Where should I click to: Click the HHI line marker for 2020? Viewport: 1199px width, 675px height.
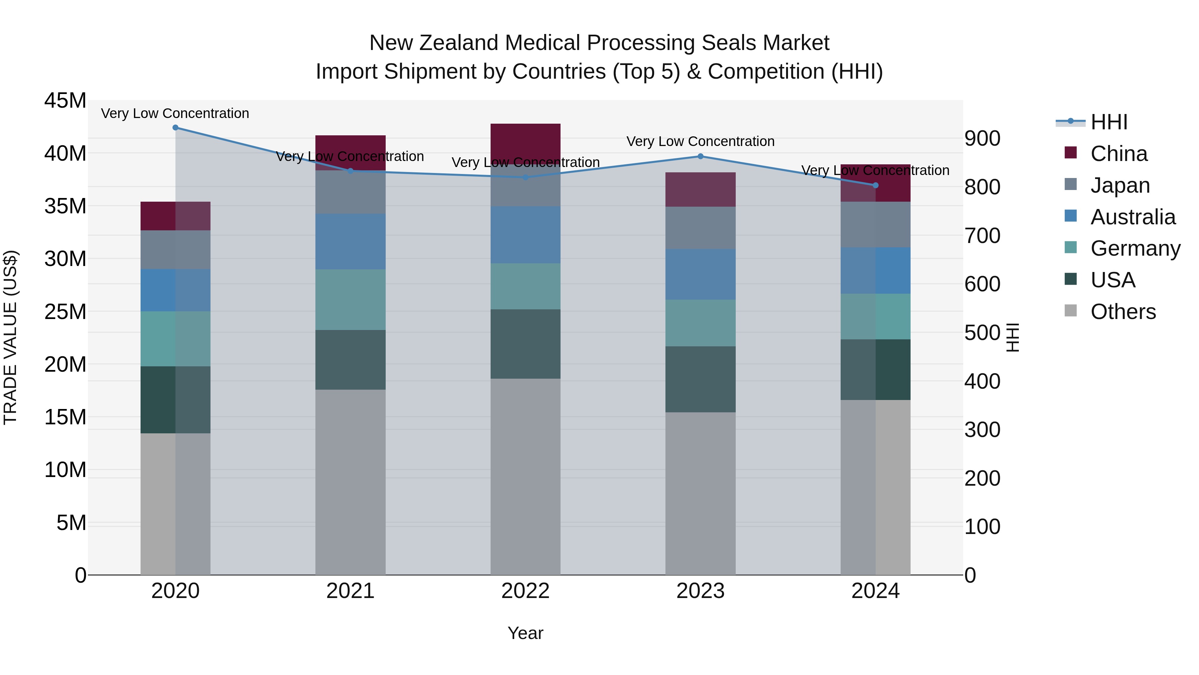[x=176, y=128]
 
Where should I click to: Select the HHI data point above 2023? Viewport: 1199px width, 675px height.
[x=700, y=157]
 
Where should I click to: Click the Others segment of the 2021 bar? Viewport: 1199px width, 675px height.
[x=350, y=482]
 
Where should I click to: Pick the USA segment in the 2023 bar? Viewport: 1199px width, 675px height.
[x=700, y=379]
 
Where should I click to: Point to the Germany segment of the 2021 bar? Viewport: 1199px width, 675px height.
[x=350, y=300]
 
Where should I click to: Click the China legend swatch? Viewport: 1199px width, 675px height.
[x=1070, y=153]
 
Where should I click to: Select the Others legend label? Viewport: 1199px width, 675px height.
[x=1123, y=312]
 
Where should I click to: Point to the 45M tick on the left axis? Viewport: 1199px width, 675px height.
[x=65, y=101]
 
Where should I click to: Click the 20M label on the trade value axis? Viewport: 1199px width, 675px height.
[x=65, y=364]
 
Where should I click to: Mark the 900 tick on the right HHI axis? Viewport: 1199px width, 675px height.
[x=982, y=138]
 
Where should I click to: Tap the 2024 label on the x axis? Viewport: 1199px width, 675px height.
[x=875, y=591]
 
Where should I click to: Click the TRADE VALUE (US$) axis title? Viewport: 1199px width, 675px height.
[x=10, y=337]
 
